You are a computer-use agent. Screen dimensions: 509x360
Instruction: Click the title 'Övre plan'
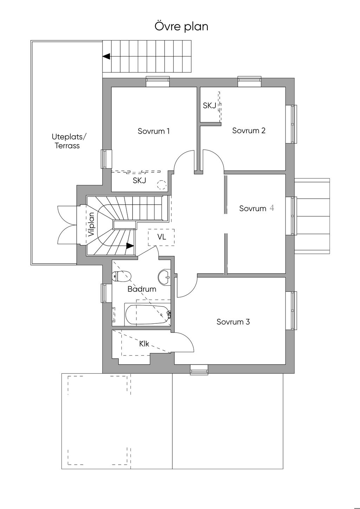click(x=181, y=26)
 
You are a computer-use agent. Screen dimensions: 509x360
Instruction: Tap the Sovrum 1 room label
click(x=154, y=131)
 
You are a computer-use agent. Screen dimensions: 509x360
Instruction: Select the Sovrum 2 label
click(x=249, y=130)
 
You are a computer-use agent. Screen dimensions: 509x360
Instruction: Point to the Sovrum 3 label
click(x=233, y=322)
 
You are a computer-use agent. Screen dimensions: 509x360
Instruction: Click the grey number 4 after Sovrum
click(x=272, y=208)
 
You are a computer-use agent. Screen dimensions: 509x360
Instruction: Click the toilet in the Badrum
click(x=122, y=276)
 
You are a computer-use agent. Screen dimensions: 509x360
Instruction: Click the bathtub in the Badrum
click(x=147, y=315)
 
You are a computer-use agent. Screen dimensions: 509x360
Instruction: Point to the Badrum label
click(x=142, y=289)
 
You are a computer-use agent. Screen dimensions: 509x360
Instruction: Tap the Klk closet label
click(x=144, y=344)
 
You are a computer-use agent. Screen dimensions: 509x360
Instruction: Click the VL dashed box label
click(x=161, y=237)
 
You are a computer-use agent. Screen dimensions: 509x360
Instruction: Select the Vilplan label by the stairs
click(x=91, y=224)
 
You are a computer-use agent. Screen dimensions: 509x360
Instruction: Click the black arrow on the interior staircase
click(x=130, y=246)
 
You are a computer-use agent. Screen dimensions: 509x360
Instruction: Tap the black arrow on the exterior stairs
click(x=106, y=56)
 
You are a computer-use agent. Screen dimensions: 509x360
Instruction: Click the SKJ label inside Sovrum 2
click(x=210, y=105)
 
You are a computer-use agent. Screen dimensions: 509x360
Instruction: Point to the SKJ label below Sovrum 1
click(x=139, y=181)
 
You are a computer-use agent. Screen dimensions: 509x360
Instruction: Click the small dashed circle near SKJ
click(x=161, y=184)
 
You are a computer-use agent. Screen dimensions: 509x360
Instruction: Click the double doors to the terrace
click(x=67, y=225)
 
